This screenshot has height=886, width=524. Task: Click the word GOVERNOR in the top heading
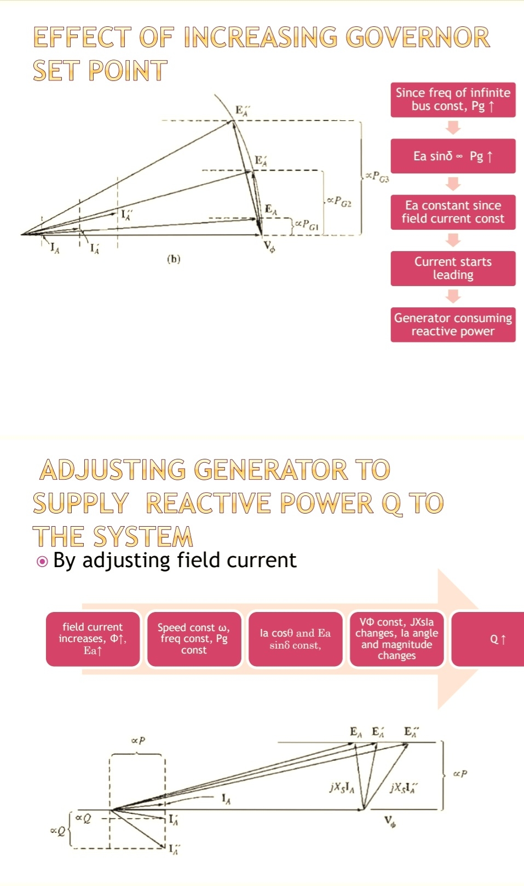tap(418, 38)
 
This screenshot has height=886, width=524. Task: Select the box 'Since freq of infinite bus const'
tap(453, 100)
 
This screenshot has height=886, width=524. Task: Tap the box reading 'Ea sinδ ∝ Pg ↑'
tap(453, 156)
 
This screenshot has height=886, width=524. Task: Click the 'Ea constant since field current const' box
tap(453, 212)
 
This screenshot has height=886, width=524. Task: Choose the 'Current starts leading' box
tap(453, 269)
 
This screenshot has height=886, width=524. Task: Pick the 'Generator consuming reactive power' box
tap(453, 325)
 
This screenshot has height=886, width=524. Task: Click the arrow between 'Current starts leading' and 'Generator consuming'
tap(453, 296)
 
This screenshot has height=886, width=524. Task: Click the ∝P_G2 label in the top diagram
tap(339, 201)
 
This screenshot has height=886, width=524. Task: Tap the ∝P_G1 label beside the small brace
tap(307, 224)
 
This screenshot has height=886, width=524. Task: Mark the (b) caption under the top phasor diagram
tap(174, 259)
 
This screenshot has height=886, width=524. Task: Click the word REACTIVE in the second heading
tap(208, 504)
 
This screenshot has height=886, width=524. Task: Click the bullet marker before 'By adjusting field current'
tap(42, 562)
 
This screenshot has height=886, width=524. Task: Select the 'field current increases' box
tap(93, 639)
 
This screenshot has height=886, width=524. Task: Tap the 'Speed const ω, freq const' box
tap(194, 639)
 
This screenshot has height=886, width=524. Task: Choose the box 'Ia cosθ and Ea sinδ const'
tap(295, 639)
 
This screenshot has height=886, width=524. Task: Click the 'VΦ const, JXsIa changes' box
tap(396, 639)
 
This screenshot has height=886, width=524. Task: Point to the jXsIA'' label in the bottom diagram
tap(404, 788)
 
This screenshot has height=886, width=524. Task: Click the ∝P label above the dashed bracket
tap(138, 741)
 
